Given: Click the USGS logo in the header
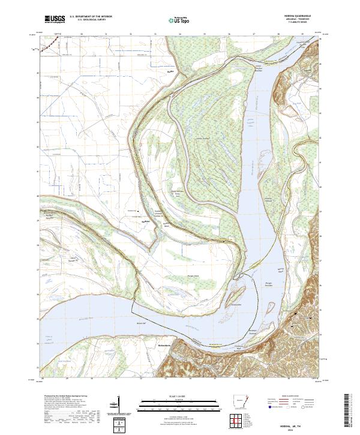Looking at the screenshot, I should [55, 19].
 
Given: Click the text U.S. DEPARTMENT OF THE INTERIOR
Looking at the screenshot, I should [91, 17].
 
